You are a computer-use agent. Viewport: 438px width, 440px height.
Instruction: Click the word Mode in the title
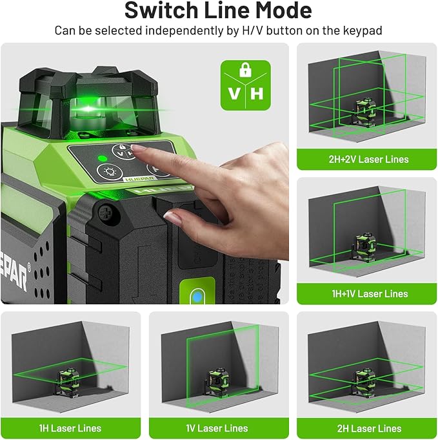point(282,11)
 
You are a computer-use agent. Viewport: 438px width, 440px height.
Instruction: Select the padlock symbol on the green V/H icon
point(245,70)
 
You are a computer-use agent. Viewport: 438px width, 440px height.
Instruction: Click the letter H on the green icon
point(257,93)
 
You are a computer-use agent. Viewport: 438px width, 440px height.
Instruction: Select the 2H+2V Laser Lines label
point(366,159)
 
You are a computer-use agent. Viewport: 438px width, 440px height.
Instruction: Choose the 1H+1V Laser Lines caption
point(366,293)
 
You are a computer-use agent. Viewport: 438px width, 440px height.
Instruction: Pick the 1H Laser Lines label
point(70,428)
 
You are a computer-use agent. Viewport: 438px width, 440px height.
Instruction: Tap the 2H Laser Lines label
point(366,428)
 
